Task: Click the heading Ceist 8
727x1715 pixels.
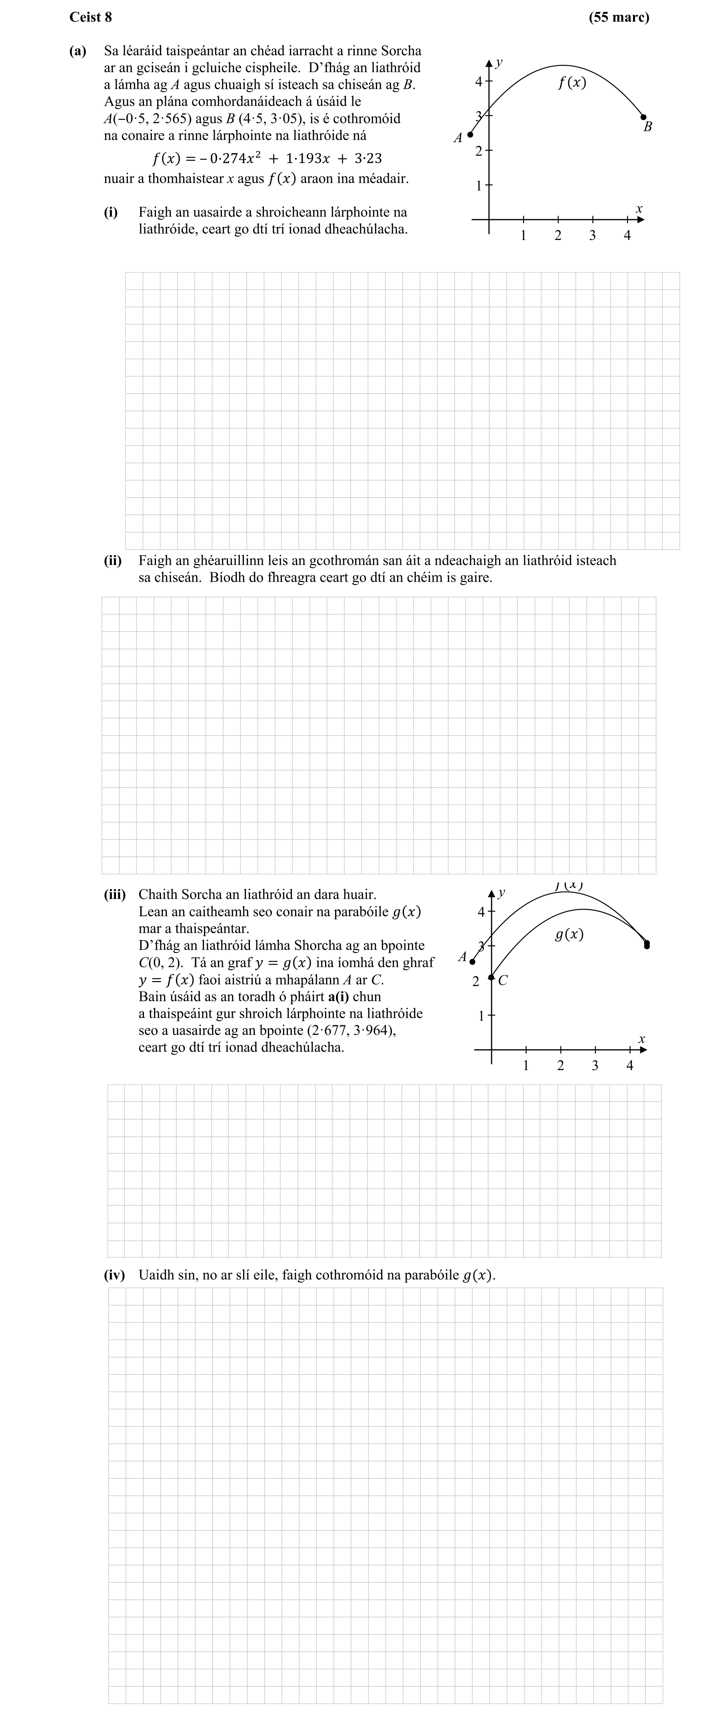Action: pos(90,17)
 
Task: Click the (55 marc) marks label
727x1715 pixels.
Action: pos(619,17)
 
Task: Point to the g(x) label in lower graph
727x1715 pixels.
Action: pos(569,935)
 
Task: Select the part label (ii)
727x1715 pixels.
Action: pos(112,560)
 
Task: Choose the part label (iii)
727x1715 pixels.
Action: pos(114,894)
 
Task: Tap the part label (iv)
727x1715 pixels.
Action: pos(114,1275)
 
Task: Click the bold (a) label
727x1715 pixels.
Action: pos(78,50)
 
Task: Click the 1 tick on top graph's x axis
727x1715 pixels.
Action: pos(523,235)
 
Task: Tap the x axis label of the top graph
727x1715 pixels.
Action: pos(639,209)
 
